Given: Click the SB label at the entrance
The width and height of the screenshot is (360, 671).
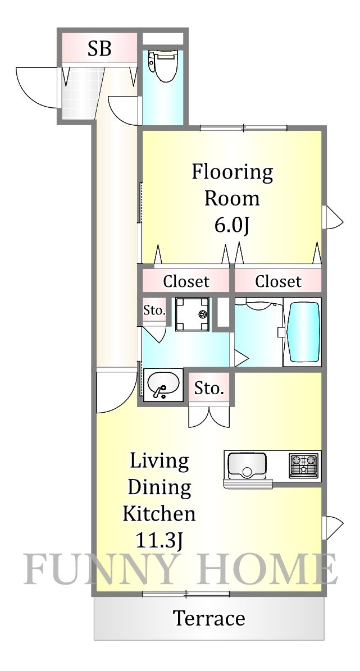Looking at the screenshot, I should (x=99, y=49).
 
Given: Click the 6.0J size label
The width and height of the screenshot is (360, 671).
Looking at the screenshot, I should (x=231, y=225).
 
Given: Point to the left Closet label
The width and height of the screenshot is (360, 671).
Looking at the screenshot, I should (x=186, y=281).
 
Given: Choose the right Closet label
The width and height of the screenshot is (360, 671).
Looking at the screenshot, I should (x=278, y=281).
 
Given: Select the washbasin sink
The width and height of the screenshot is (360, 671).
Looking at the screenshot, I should (x=163, y=385).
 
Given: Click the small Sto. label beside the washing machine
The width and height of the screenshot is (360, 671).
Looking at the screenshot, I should (x=154, y=311).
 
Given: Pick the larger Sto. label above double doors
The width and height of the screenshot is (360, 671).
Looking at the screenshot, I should (x=209, y=388).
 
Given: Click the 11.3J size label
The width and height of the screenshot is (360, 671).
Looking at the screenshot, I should (x=159, y=540).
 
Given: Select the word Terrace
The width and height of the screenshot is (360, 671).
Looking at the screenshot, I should (x=209, y=618).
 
